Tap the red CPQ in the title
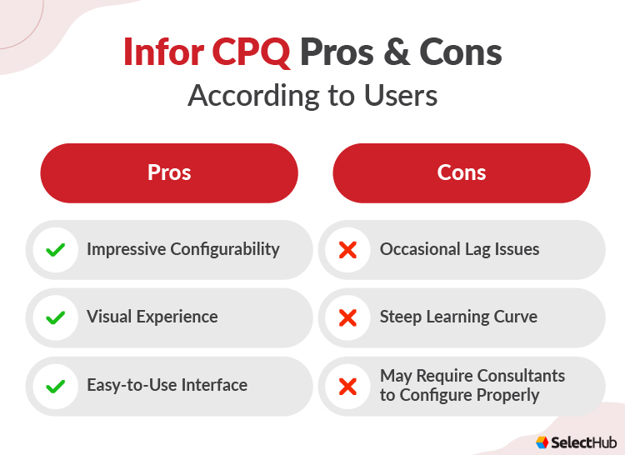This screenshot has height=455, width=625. tap(250, 52)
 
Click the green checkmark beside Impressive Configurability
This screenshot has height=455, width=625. tap(56, 249)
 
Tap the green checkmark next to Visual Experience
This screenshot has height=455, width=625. tap(56, 317)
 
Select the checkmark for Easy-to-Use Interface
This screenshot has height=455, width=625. tap(56, 386)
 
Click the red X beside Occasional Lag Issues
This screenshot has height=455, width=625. tap(348, 249)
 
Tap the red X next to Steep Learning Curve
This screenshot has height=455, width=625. tap(348, 317)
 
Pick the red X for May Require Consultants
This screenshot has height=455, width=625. tap(348, 386)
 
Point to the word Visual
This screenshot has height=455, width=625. tap(108, 317)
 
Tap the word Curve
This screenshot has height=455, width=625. tap(516, 317)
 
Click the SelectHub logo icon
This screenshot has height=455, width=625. tap(542, 442)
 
